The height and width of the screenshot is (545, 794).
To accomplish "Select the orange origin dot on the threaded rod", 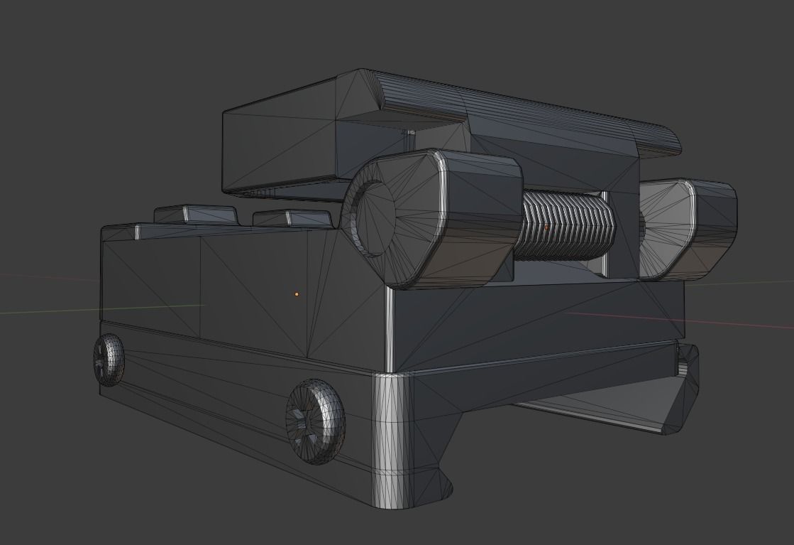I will coord(546,227).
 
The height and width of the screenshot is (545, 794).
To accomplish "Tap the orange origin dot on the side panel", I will coord(297,293).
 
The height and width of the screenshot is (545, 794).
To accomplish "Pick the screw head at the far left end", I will coord(109,360).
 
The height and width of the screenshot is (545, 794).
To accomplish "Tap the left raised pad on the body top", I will coord(195,213).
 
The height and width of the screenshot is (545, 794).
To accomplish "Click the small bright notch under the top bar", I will coord(409,132).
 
